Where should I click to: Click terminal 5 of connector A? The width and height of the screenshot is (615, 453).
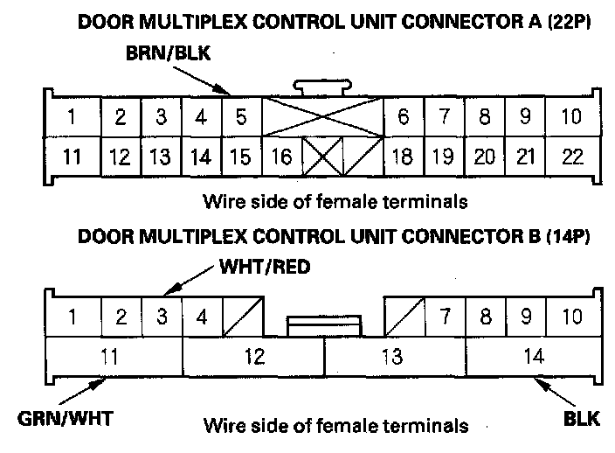(x=240, y=117)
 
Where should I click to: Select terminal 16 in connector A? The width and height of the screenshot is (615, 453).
(x=280, y=157)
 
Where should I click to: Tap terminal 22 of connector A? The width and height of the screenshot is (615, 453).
(x=572, y=157)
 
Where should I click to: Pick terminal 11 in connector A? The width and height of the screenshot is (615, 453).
(x=73, y=157)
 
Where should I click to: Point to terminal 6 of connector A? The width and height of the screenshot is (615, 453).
(x=404, y=117)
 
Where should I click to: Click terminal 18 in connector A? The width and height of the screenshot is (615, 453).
(x=404, y=157)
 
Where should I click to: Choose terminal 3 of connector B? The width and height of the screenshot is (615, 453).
(x=162, y=316)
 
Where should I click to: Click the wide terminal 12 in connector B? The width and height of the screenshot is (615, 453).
(x=253, y=356)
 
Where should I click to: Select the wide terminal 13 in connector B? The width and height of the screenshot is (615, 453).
(x=394, y=356)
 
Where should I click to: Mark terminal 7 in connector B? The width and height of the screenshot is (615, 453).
(x=445, y=316)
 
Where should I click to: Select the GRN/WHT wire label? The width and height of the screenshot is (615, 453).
(x=55, y=419)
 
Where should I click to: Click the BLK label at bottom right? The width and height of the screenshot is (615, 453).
(x=580, y=419)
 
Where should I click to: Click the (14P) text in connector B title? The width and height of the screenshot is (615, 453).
(x=564, y=236)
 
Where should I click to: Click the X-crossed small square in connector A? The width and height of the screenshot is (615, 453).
(x=322, y=158)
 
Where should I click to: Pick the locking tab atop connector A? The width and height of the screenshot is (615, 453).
(x=322, y=87)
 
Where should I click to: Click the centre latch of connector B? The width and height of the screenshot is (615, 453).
(x=324, y=326)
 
